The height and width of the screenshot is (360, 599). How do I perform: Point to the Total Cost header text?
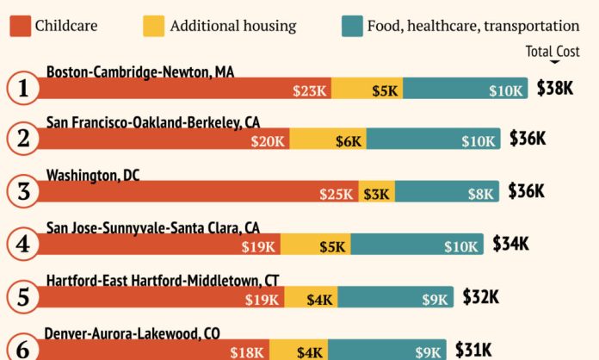click(553, 52)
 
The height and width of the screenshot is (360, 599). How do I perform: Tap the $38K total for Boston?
click(555, 89)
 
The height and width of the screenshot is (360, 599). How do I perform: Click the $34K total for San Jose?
click(511, 245)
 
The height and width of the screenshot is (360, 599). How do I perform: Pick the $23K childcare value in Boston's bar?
click(308, 90)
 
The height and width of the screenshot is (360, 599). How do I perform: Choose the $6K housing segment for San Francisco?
click(349, 141)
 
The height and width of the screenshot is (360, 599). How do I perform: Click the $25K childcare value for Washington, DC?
click(337, 194)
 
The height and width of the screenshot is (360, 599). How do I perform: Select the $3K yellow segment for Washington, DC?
click(377, 194)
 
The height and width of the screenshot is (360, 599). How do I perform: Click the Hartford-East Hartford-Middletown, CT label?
click(163, 280)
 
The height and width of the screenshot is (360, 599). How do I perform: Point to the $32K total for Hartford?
click(480, 297)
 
